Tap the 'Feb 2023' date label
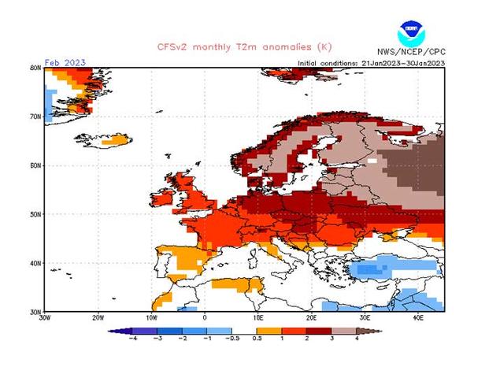(x=65, y=62)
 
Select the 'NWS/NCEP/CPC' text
(x=412, y=52)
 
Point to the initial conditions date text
(x=370, y=63)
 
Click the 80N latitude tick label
(x=35, y=69)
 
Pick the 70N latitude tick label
(x=35, y=117)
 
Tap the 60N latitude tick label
(x=35, y=165)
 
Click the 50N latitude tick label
(x=35, y=214)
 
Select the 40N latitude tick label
(x=35, y=263)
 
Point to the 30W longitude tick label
(x=45, y=317)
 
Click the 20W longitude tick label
(x=98, y=317)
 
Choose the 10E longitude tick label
(x=258, y=317)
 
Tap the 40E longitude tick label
(x=418, y=317)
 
